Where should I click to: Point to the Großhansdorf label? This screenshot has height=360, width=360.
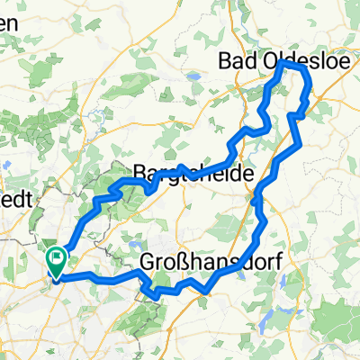[206, 261]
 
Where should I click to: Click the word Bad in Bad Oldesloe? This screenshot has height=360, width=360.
[237, 61]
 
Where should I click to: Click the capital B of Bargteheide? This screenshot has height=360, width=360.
[139, 172]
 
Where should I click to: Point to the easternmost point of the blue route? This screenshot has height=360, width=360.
[312, 97]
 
